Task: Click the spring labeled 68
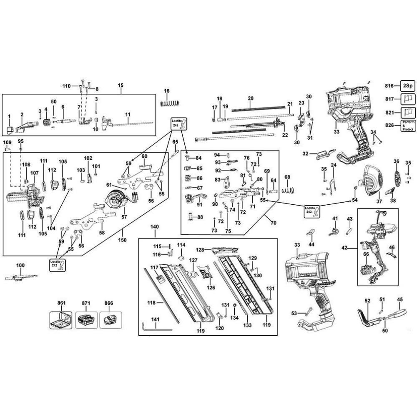point(286,190)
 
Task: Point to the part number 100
point(20,265)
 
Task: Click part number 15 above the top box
point(121,85)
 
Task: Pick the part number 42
point(344,248)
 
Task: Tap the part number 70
point(274,223)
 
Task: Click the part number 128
point(199,250)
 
